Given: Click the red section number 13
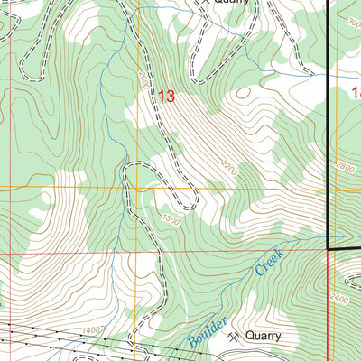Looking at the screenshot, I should click(166, 96).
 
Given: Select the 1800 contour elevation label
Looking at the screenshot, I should click(171, 220).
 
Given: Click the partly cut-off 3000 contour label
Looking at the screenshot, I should click(352, 21).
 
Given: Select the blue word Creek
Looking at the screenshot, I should click(268, 262).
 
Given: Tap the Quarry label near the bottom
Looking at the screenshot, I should click(262, 336).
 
